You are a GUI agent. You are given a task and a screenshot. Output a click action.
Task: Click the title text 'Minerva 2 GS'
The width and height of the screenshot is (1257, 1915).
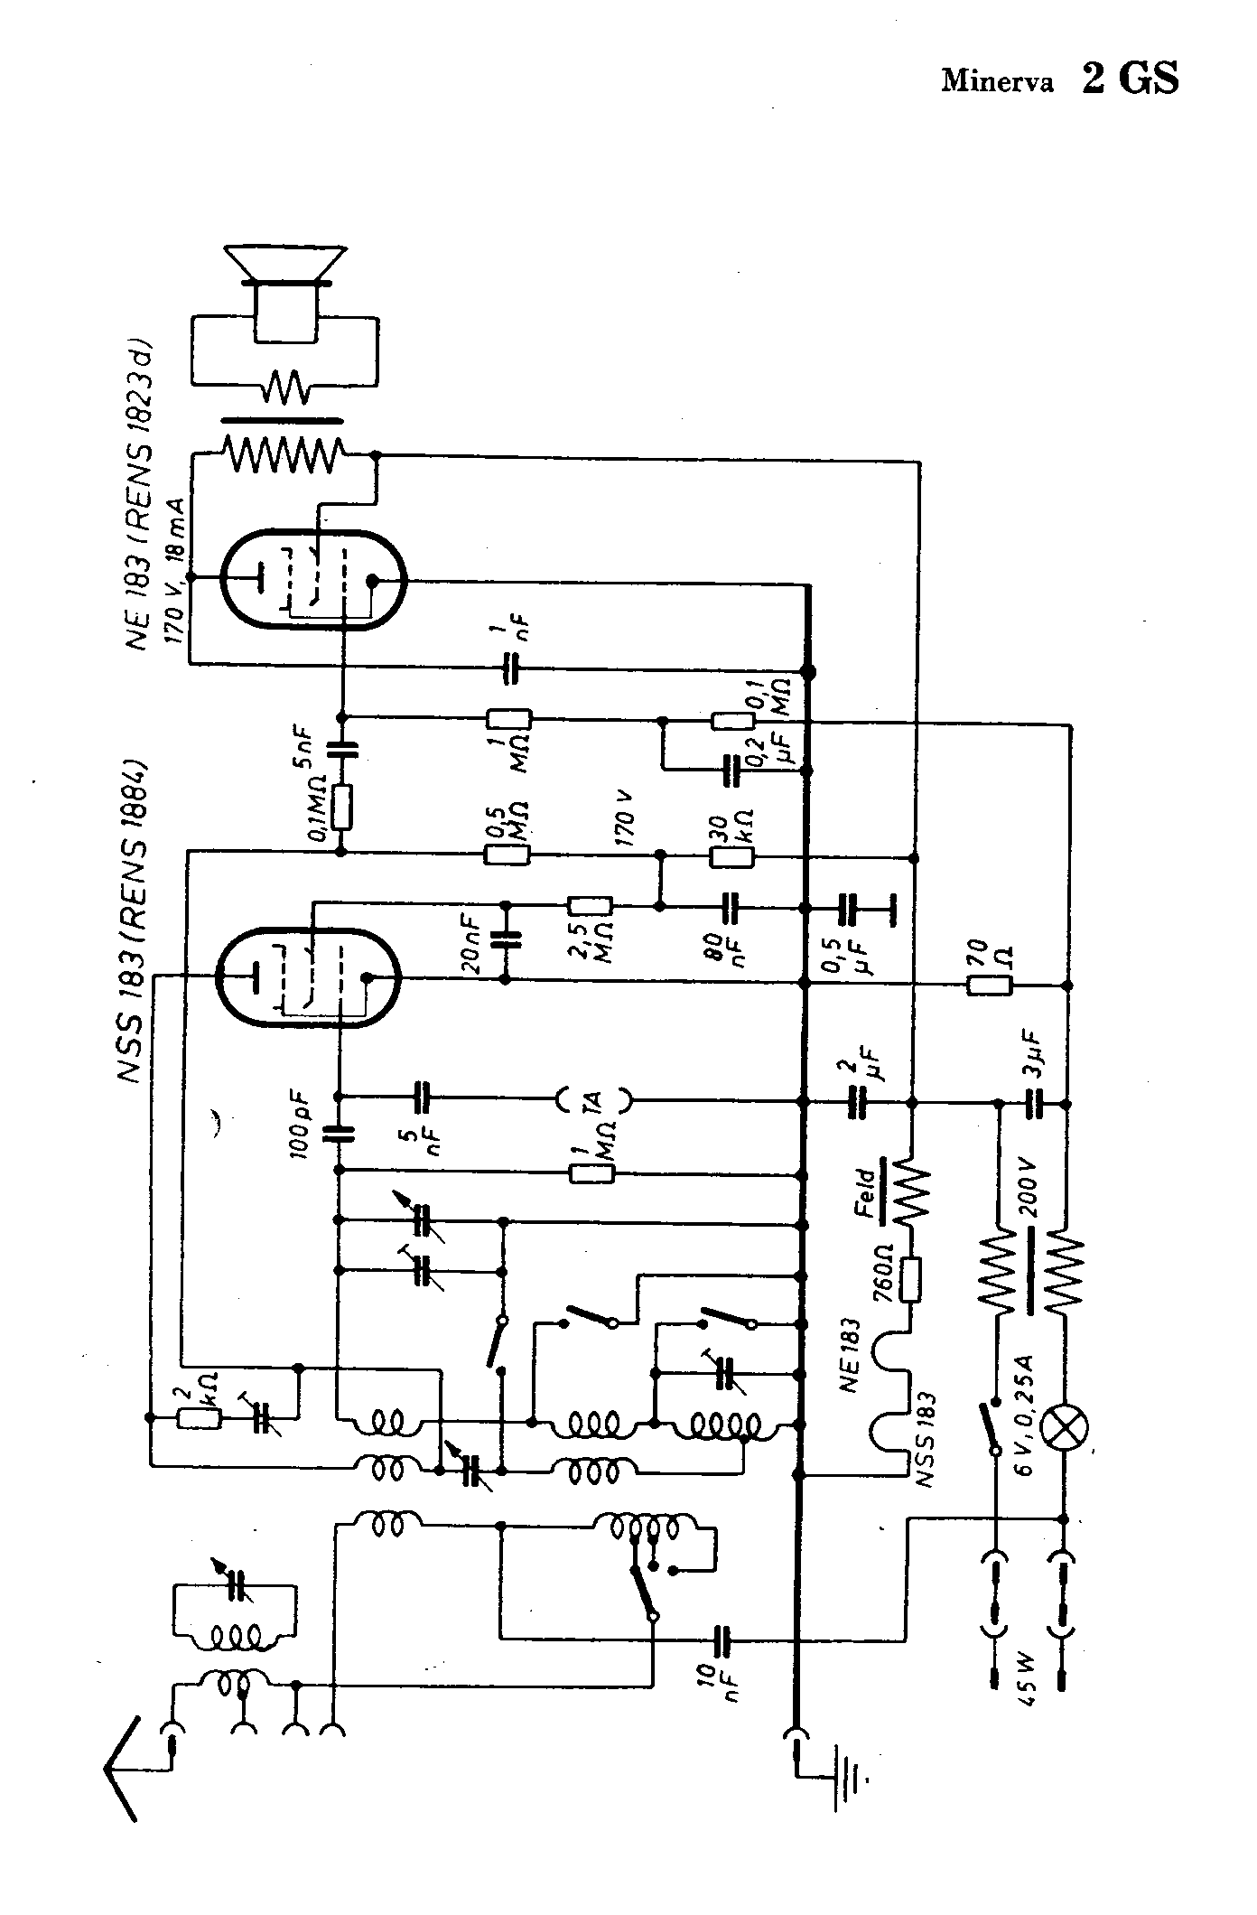click(1059, 79)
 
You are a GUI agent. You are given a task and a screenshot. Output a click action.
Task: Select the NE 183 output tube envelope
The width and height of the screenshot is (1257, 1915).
click(312, 580)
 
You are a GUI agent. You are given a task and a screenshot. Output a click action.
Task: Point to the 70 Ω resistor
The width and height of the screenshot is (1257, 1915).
click(990, 986)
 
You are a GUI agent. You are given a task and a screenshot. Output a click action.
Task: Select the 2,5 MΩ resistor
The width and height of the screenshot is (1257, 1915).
click(591, 905)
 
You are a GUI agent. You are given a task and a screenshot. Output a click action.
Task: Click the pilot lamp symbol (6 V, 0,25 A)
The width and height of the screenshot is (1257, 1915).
click(1066, 1428)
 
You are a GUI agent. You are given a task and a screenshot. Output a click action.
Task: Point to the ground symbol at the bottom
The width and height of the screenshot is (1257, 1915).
click(849, 1779)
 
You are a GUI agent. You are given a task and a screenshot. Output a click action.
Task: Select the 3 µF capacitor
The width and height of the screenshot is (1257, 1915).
click(1035, 1103)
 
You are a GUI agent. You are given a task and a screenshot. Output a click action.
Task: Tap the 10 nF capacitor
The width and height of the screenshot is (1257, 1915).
click(723, 1638)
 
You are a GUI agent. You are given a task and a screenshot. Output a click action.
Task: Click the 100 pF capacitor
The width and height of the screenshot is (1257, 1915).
click(340, 1135)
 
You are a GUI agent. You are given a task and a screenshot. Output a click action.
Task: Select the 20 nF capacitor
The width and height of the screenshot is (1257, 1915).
click(505, 939)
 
